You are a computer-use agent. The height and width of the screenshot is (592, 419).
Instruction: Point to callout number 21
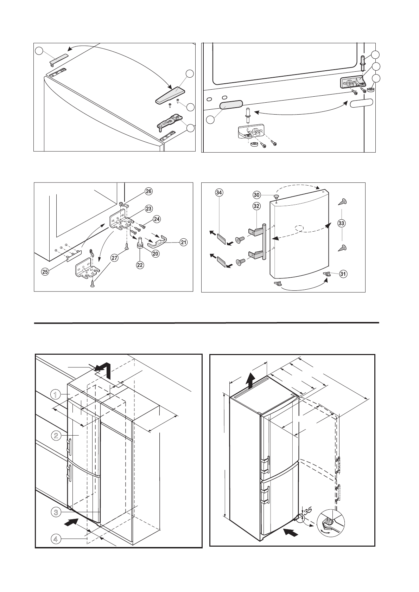[x=183, y=242]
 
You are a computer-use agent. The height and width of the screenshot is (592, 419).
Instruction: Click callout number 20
[x=155, y=253]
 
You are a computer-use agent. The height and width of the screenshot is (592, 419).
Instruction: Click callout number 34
[x=219, y=192]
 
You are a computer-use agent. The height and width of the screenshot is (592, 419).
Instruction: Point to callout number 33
[x=341, y=223]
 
